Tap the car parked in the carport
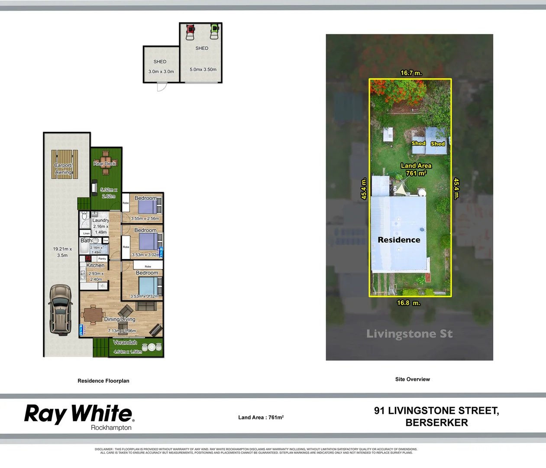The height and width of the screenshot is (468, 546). pos(60,309)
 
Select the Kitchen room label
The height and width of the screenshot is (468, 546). pos(95,265)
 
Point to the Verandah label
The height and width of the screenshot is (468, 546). pos(125,342)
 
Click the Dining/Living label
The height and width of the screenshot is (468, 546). pos(120,319)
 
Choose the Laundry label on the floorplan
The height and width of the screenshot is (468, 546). pos(100,220)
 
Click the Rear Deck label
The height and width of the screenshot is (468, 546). pos(105,164)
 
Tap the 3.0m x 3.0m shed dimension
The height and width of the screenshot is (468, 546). pos(161,71)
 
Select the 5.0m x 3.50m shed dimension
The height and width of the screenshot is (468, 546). pos(203,69)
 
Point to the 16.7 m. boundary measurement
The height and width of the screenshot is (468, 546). pos(411,73)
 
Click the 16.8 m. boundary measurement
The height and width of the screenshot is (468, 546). pos(408,303)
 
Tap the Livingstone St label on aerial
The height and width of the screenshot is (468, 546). pos(409,334)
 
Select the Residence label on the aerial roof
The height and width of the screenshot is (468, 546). pos(399,240)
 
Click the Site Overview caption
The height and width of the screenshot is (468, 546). pos(412,379)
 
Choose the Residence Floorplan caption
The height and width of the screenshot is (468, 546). pos(103,381)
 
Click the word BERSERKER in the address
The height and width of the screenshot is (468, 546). pos(436,422)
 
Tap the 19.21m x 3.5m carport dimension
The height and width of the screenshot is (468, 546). pos(62,252)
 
